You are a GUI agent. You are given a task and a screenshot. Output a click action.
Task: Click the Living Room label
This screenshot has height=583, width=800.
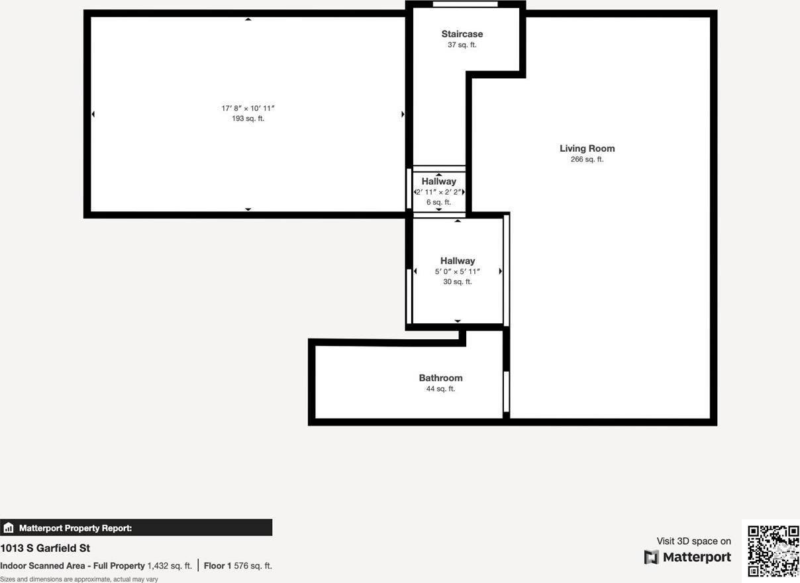pyautogui.click(x=587, y=148)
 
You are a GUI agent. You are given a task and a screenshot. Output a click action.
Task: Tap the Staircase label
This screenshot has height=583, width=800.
pyautogui.click(x=462, y=34)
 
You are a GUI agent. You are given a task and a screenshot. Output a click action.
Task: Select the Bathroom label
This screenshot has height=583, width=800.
pyautogui.click(x=440, y=378)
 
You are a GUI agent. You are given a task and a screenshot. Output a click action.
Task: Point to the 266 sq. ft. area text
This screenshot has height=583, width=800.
pyautogui.click(x=587, y=160)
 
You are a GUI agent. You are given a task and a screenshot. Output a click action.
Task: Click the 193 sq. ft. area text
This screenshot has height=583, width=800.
pyautogui.click(x=248, y=119)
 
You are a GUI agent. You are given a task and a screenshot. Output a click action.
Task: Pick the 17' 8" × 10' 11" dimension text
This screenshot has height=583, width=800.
pyautogui.click(x=248, y=108)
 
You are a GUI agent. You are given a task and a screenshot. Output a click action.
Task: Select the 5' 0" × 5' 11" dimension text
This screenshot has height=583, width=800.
pyautogui.click(x=457, y=272)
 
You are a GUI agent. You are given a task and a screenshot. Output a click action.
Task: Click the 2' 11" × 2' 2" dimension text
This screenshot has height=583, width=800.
pyautogui.click(x=438, y=191)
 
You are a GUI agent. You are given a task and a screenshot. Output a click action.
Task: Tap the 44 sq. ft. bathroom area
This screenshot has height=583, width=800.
pyautogui.click(x=440, y=389)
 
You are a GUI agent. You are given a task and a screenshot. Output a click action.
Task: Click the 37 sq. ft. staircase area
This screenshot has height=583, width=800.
pyautogui.click(x=462, y=45)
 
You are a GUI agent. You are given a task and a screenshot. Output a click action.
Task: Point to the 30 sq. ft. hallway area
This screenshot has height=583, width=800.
pyautogui.click(x=457, y=282)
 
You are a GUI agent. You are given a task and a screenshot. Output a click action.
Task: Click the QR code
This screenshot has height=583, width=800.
pyautogui.click(x=773, y=551)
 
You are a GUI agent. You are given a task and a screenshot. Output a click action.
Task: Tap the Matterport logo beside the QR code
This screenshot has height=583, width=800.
pyautogui.click(x=687, y=557)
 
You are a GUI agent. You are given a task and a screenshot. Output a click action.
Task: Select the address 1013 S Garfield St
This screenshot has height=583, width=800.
pyautogui.click(x=45, y=549)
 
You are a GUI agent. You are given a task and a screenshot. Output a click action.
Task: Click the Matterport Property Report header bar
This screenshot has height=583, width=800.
pyautogui.click(x=136, y=528)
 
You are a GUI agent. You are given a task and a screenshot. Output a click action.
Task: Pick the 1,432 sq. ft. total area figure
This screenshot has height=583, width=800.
pyautogui.click(x=169, y=566)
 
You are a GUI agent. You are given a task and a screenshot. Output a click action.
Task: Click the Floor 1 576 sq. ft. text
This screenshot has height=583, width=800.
pyautogui.click(x=238, y=566)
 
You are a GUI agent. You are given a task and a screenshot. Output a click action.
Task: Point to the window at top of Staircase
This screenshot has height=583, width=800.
pyautogui.click(x=465, y=5)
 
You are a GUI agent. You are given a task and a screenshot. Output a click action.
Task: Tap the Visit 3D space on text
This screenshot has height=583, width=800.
pyautogui.click(x=693, y=541)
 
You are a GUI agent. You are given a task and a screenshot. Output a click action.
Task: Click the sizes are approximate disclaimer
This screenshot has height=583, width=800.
pyautogui.click(x=79, y=579)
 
